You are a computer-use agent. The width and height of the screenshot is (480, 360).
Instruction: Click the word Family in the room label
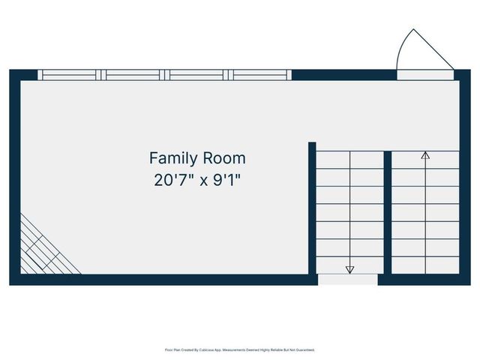pos(173,158)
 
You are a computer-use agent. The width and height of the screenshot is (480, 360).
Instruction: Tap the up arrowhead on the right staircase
pos(425,156)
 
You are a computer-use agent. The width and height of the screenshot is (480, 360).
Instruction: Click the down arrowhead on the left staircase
pos(349,269)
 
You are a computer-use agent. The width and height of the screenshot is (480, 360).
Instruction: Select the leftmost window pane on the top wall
pos(70,75)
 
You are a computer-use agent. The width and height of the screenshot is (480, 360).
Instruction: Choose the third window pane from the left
pos(197,75)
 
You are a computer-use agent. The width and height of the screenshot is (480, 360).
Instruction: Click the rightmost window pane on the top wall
pos(260,75)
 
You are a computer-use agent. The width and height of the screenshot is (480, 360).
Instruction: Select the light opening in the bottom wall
pos(347,280)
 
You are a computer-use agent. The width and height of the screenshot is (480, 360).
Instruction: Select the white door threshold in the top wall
pos(425,75)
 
